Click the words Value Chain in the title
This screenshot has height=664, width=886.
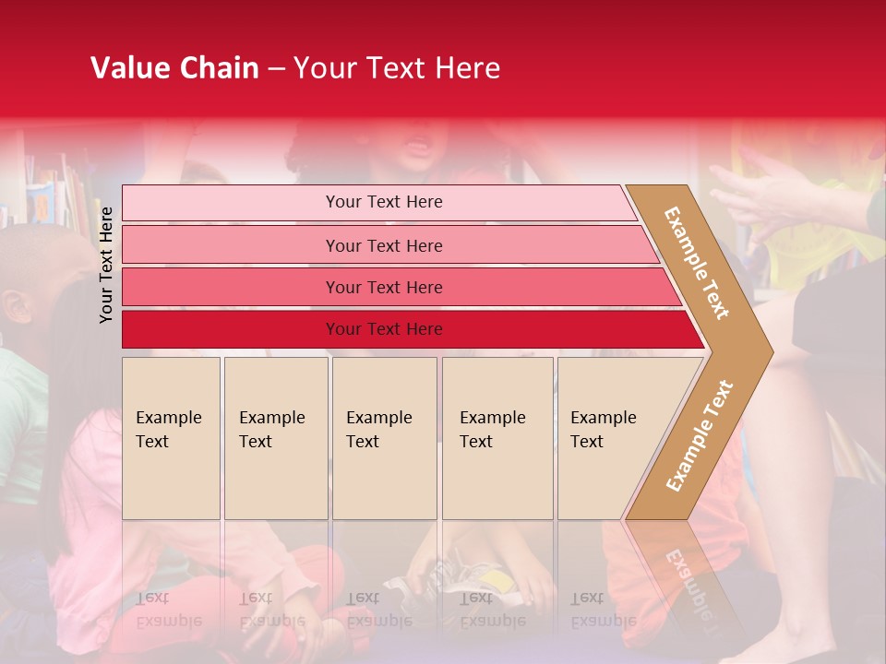pyautogui.click(x=174, y=68)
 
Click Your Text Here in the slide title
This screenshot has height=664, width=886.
pyautogui.click(x=397, y=68)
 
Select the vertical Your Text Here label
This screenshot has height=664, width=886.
pyautogui.click(x=106, y=265)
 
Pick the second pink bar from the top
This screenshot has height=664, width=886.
pyautogui.click(x=383, y=245)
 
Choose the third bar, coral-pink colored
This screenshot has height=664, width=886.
pyautogui.click(x=383, y=287)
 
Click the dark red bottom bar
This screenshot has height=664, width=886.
pyautogui.click(x=383, y=329)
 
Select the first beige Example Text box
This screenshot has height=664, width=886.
pyautogui.click(x=171, y=438)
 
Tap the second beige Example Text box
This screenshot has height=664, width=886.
pyautogui.click(x=275, y=438)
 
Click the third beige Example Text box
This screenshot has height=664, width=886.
pyautogui.click(x=384, y=438)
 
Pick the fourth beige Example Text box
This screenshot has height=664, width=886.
pyautogui.click(x=497, y=438)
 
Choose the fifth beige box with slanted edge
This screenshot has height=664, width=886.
pyautogui.click(x=605, y=438)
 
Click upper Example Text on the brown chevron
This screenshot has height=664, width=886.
pyautogui.click(x=697, y=263)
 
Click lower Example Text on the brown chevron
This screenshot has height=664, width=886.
pyautogui.click(x=700, y=435)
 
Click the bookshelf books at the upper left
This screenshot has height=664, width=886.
pyautogui.click(x=55, y=189)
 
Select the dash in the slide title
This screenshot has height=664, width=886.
pyautogui.click(x=276, y=69)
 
